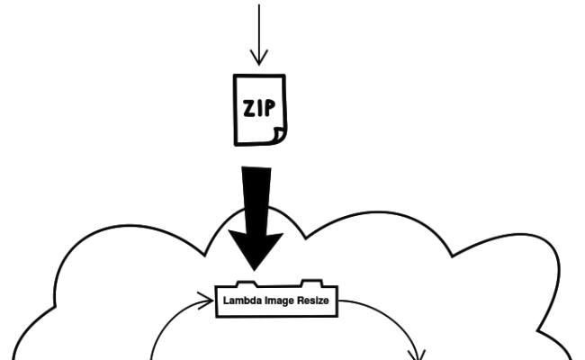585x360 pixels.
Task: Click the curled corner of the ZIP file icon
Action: [279, 135]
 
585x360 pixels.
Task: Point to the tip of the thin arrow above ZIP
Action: [259, 64]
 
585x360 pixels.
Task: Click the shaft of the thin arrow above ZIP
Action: [259, 31]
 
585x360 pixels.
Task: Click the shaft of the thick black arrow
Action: [256, 198]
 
